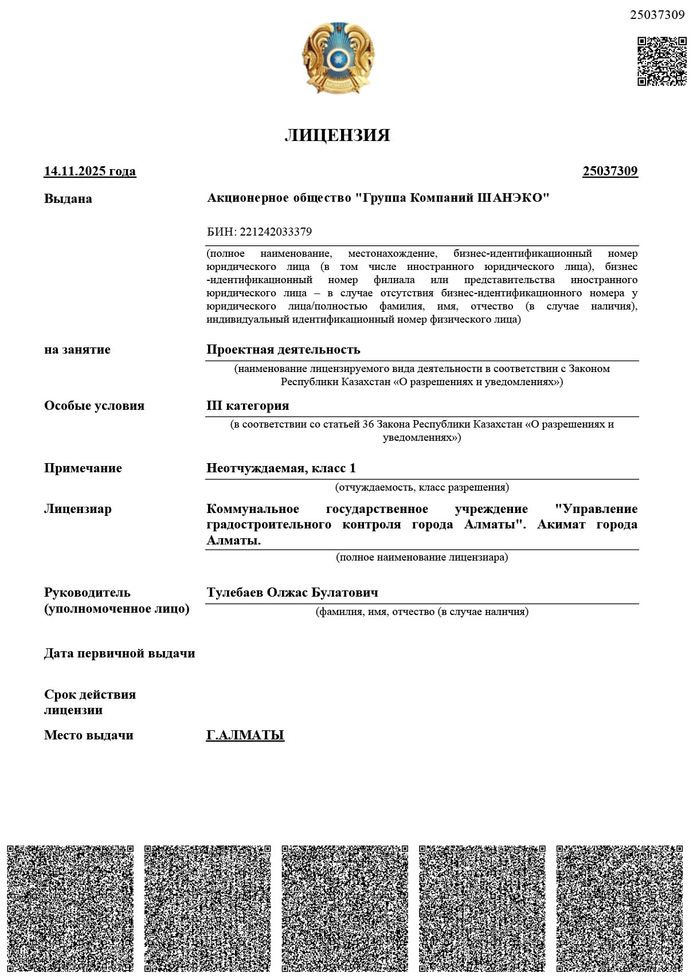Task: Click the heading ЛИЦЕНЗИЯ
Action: (337, 135)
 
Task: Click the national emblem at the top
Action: (338, 58)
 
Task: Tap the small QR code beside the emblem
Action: (661, 61)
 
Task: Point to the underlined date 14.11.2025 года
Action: (90, 171)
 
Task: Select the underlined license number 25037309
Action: (610, 171)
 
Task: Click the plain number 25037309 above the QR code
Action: (657, 15)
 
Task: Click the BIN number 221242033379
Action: (276, 232)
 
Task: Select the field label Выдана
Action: (68, 199)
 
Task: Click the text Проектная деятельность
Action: (283, 350)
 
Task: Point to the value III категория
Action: (248, 406)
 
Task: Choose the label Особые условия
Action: (94, 406)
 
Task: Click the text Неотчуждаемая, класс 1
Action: (281, 468)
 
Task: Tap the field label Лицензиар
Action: (77, 509)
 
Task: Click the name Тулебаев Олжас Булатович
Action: (292, 593)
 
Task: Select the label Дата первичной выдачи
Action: (119, 653)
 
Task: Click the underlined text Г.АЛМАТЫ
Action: (245, 735)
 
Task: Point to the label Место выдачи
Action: (88, 735)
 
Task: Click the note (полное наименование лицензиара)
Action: (421, 557)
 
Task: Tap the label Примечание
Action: (83, 468)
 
